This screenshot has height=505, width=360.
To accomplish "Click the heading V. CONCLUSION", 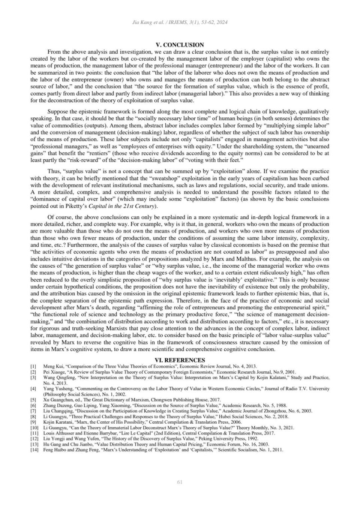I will click(180, 45).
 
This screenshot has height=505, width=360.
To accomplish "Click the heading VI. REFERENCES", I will click(180, 360).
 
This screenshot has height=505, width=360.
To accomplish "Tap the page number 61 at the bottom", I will click(180, 482).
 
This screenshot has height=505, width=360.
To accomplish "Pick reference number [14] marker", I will click(34, 450).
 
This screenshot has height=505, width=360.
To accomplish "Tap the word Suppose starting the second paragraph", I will click(58, 111).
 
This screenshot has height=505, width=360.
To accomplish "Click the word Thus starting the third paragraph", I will click(54, 171).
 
